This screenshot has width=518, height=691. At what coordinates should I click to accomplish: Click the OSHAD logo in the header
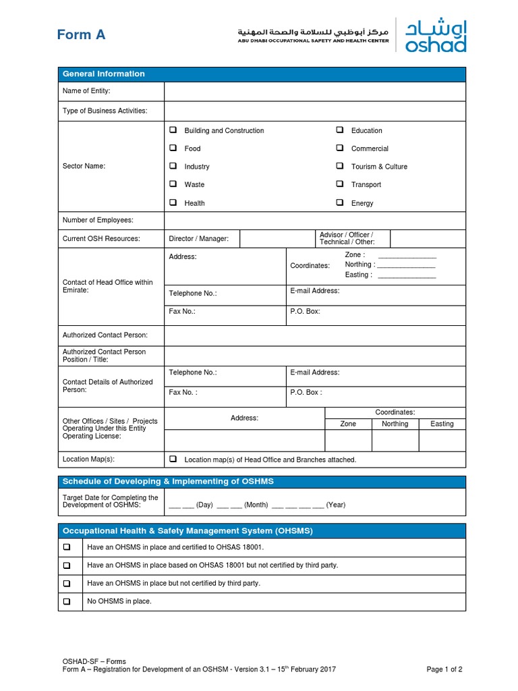[435, 35]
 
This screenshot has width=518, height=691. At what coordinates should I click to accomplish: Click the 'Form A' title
[81, 35]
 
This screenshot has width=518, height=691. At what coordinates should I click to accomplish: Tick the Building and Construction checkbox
[173, 130]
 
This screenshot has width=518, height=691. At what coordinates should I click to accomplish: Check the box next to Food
[173, 148]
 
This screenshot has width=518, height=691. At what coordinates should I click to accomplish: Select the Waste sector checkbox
[173, 184]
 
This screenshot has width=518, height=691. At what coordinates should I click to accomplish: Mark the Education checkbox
[339, 130]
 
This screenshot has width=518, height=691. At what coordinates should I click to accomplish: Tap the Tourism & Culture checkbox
[339, 166]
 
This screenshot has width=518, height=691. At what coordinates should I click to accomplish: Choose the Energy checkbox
[339, 202]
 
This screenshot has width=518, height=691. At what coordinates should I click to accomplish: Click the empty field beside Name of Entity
[314, 91]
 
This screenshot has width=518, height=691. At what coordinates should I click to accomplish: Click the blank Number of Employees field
[314, 220]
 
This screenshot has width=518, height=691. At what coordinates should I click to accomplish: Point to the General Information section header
[104, 74]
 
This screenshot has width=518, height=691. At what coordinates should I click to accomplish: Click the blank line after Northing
[407, 265]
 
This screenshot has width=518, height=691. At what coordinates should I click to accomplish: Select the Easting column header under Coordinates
[442, 424]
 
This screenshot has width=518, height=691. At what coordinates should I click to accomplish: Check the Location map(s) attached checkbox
[173, 459]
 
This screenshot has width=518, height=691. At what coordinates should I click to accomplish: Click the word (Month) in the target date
[256, 505]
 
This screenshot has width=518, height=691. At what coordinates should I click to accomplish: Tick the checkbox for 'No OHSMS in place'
[67, 601]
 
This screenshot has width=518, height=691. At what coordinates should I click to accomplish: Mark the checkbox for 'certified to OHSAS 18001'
[67, 547]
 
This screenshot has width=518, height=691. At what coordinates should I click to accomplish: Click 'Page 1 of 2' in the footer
[444, 669]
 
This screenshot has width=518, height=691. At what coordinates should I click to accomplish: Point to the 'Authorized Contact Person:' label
[105, 335]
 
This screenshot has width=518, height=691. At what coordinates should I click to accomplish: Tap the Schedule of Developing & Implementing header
[168, 481]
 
